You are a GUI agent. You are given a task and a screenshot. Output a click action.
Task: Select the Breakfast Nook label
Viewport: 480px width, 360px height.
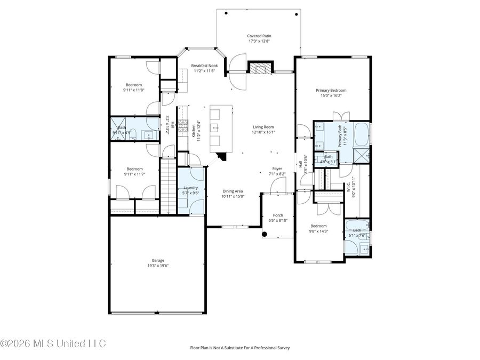(x=205, y=66)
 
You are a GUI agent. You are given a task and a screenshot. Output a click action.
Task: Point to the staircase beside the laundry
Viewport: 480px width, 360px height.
(x=168, y=185)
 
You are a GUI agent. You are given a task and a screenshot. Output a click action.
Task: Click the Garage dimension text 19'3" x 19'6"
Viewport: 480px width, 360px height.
(x=157, y=266)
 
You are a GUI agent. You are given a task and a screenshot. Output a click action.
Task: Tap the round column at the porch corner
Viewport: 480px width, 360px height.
(x=265, y=234)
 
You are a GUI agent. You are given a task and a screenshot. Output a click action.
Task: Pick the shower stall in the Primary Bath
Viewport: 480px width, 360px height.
(x=362, y=156)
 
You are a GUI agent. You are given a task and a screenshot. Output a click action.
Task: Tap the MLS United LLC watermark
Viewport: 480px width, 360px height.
(x=53, y=342)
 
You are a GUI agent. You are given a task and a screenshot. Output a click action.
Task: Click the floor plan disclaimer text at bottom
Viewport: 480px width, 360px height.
(x=240, y=348)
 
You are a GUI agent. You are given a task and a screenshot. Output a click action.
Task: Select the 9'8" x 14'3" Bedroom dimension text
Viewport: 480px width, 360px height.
(x=318, y=231)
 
